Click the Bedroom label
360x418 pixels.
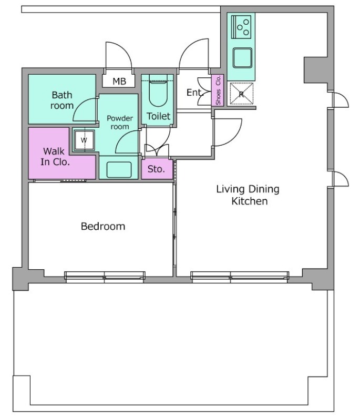click(103, 226)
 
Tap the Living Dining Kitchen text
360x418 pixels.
click(248, 195)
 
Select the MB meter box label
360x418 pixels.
click(119, 81)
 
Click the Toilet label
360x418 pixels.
click(158, 116)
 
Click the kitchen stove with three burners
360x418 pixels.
click(241, 27)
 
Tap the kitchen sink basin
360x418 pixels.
click(242, 58)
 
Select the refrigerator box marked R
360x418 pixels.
click(241, 94)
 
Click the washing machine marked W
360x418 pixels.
click(84, 140)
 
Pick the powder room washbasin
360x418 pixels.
click(119, 169)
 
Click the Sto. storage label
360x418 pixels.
click(156, 169)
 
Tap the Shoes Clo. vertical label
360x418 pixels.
click(218, 90)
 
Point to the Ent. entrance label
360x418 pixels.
click(195, 93)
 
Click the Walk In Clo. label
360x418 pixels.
click(55, 157)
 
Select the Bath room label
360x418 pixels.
click(62, 100)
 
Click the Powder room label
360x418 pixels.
click(120, 123)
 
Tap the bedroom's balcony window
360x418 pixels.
click(105, 277)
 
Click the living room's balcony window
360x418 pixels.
click(240, 277)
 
